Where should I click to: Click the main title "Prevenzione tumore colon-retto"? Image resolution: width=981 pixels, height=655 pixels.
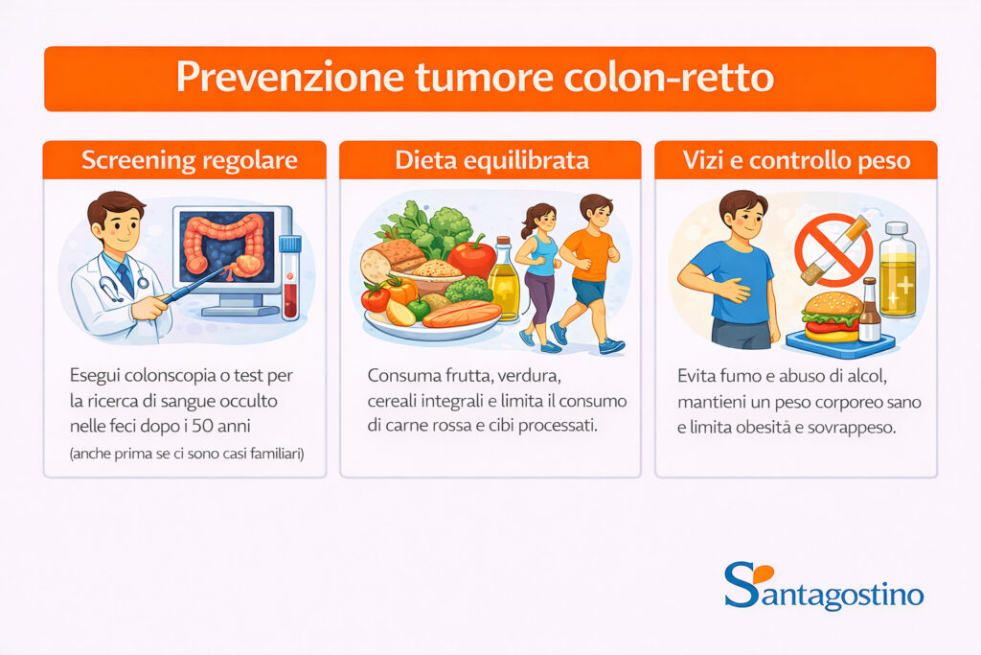coord(474,79)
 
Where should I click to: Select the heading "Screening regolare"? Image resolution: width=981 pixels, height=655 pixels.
coord(190,160)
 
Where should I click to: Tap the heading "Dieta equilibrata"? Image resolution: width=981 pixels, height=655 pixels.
coord(491,160)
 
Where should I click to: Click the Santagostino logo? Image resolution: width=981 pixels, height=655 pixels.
coord(824,586)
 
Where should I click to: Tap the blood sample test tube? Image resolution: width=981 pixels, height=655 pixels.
coord(290,277)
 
